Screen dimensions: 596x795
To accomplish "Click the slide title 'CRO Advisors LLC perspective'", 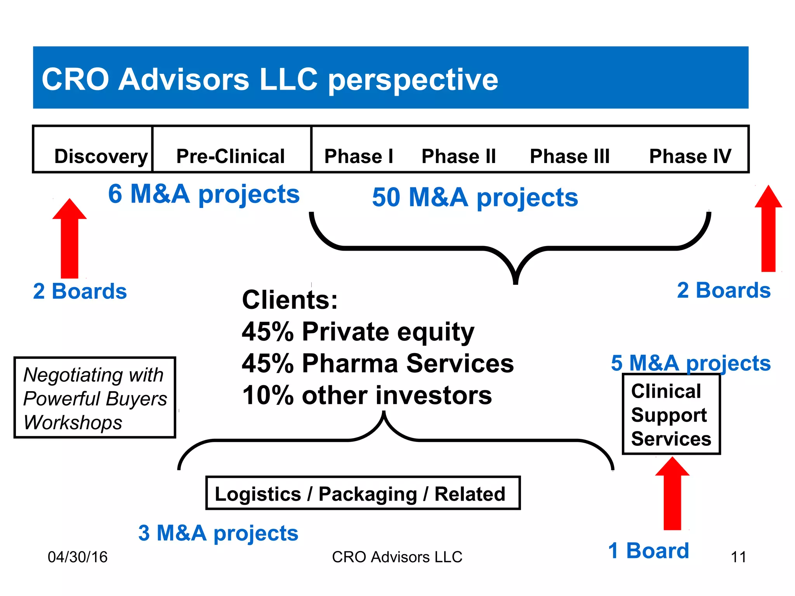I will pyautogui.click(x=269, y=80).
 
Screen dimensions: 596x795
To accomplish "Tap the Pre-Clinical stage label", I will pyautogui.click(x=231, y=156).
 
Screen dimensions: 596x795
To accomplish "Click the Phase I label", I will pyautogui.click(x=359, y=156).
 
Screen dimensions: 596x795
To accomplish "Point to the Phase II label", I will pyautogui.click(x=458, y=156).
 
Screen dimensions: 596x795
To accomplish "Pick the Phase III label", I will pyautogui.click(x=569, y=156).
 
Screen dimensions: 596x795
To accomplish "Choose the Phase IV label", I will pyautogui.click(x=690, y=156).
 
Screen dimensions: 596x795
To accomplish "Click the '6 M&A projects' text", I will pyautogui.click(x=204, y=194).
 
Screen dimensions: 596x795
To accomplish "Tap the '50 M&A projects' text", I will pyautogui.click(x=475, y=198).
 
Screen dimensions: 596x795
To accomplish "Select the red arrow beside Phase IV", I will pyautogui.click(x=768, y=229).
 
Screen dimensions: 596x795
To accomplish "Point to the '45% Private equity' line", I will pyautogui.click(x=358, y=332).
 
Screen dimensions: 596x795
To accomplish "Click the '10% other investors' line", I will pyautogui.click(x=367, y=395).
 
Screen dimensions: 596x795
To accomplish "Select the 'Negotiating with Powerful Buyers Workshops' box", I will pyautogui.click(x=95, y=398).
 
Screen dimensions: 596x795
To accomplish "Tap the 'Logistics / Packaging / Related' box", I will pyautogui.click(x=363, y=493).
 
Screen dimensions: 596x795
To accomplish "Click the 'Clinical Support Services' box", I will pyautogui.click(x=671, y=414).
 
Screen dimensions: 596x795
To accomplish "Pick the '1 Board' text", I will pyautogui.click(x=648, y=551).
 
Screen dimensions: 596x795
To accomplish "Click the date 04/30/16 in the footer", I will pyautogui.click(x=78, y=557).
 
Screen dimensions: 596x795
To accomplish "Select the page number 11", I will pyautogui.click(x=738, y=557).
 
